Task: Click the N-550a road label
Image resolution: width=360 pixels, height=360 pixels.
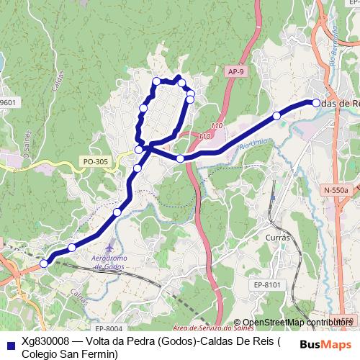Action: pos(335,189)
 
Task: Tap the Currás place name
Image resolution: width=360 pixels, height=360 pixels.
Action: pos(276,237)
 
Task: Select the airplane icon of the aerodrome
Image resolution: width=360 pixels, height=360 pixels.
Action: pos(108,248)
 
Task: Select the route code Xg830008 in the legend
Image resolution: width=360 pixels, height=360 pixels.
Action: pos(45,341)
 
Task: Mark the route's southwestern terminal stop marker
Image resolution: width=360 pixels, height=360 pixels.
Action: pos(44,264)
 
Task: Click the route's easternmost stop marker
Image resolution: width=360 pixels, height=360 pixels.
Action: pos(315,103)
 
